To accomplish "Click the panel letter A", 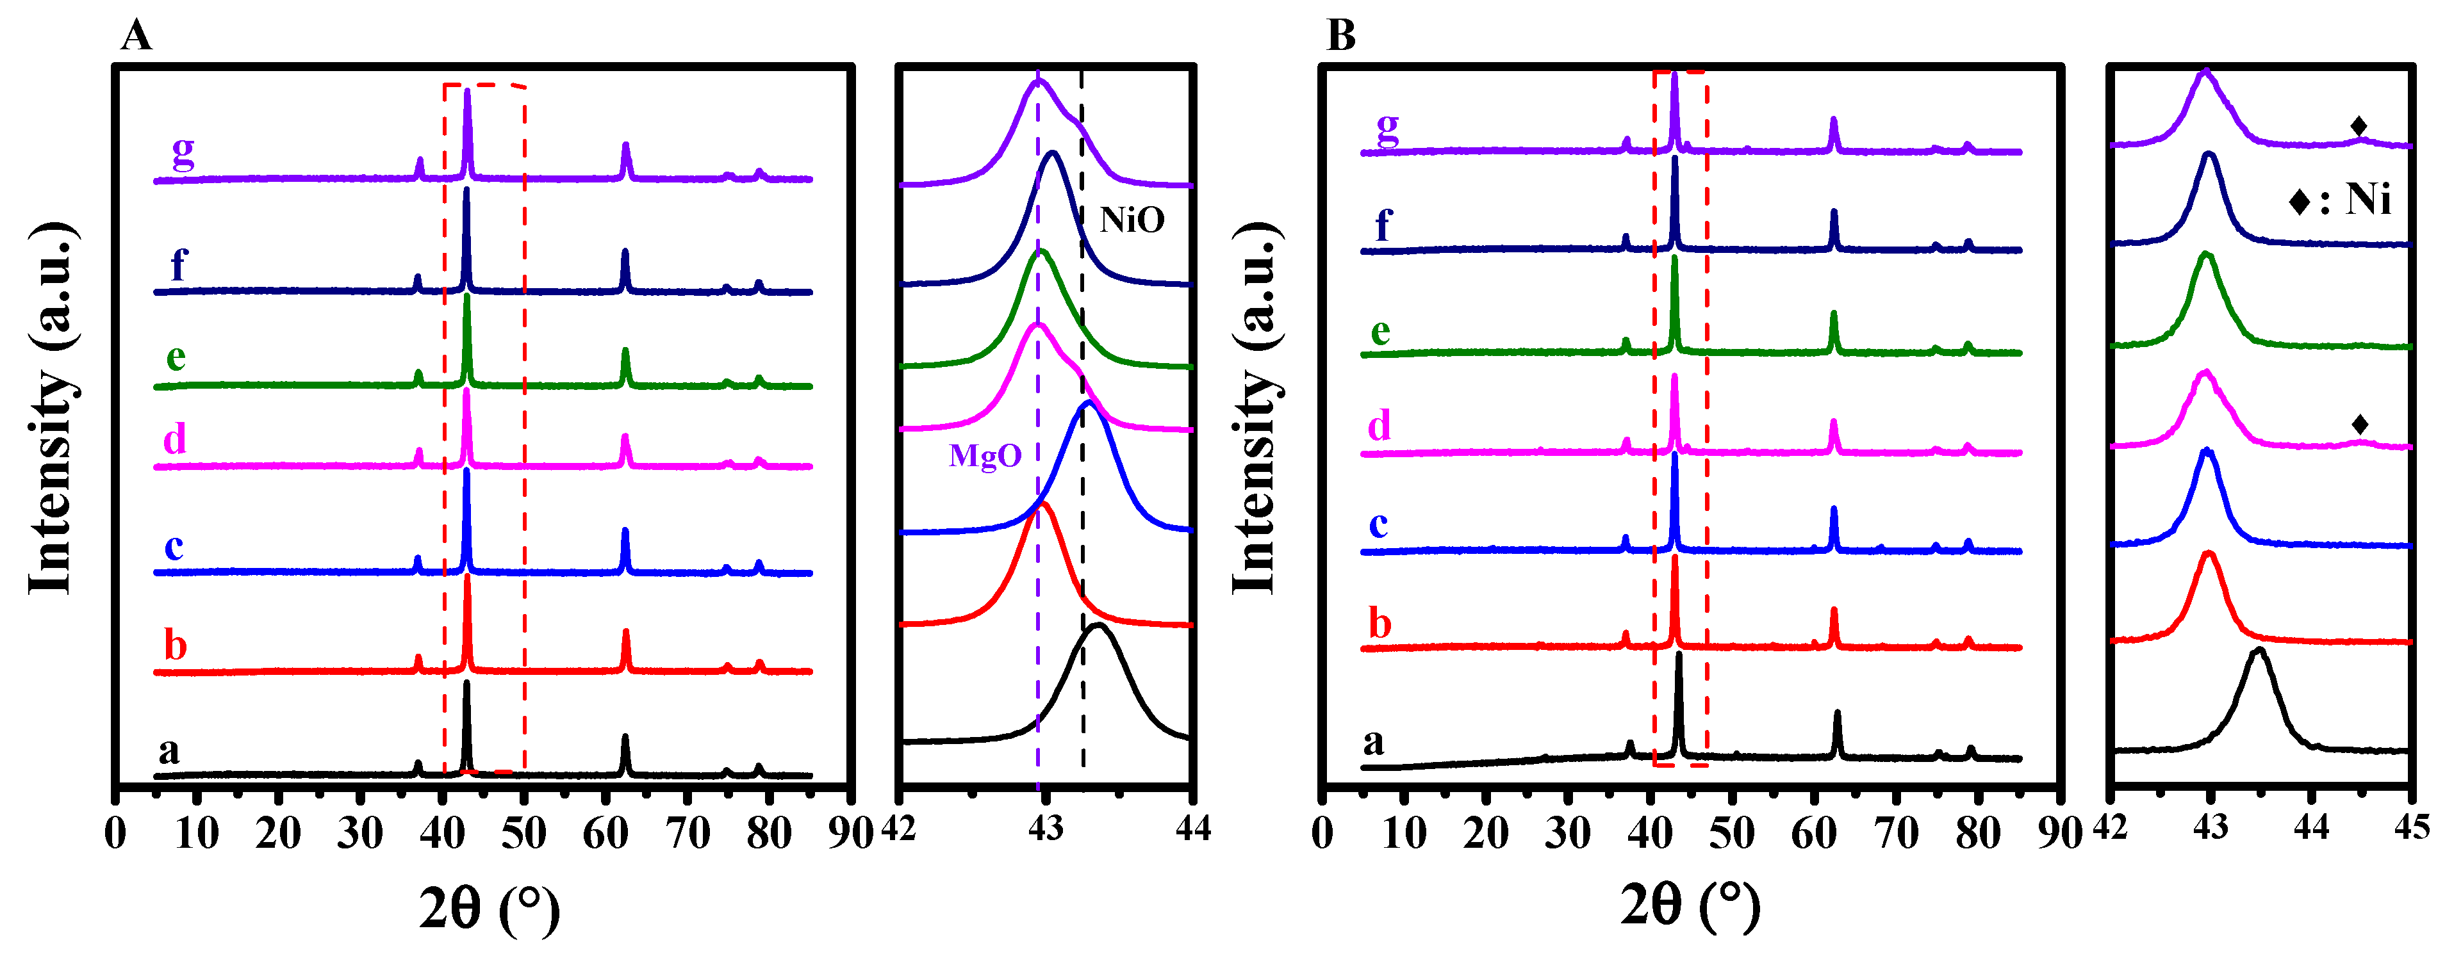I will [136, 36].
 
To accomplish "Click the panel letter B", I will [1340, 36].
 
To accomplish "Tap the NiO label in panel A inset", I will [1132, 220].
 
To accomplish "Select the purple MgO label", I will [985, 456].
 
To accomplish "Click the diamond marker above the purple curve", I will [2359, 126].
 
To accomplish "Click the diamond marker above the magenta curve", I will [2360, 424].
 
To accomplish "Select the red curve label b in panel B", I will [1379, 624].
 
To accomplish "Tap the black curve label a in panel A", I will [169, 750].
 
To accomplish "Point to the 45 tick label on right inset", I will [2411, 827].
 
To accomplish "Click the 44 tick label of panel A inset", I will [1192, 829].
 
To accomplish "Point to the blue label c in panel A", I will [174, 547].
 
